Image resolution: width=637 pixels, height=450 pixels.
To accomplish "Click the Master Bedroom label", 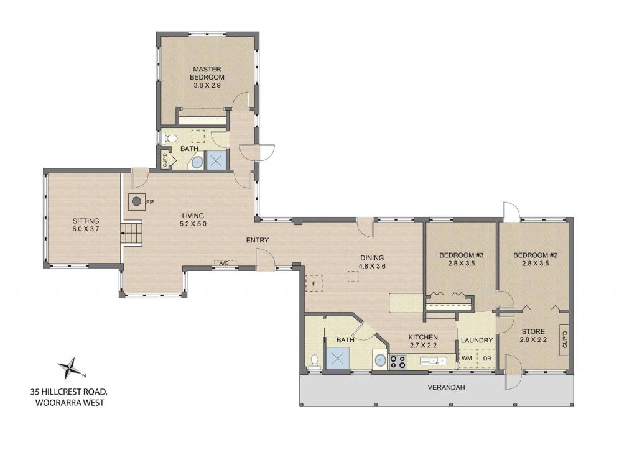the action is coord(207,77).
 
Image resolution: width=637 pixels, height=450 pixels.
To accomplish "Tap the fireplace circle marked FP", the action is coord(137,201).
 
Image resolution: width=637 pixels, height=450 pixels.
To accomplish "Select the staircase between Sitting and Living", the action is coord(133,233).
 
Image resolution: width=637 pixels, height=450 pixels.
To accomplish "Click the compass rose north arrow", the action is coord(72,368).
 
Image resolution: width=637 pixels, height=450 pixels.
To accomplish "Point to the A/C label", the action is coord(224,263).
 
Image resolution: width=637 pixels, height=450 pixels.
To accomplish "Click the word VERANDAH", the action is coord(446,387).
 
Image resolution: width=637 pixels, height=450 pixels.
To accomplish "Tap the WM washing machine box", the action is coord(467,358).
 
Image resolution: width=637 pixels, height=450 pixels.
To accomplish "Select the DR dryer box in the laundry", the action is coord(486,358).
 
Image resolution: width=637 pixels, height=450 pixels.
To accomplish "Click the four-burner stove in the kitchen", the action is coord(398,362).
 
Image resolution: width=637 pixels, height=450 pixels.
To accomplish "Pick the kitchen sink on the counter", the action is coord(433,360).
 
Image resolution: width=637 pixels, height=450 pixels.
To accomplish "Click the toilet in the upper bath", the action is coord(169,139).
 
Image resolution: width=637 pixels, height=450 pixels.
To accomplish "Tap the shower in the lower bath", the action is coord(338,359).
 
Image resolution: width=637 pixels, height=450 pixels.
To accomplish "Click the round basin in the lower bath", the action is coord(381,360).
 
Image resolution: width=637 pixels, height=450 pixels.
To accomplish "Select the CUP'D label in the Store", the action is coord(564,339).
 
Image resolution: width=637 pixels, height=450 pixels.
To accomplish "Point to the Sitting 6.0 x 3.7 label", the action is coord(86,225).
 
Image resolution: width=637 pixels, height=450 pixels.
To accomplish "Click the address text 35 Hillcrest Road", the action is coord(68,392).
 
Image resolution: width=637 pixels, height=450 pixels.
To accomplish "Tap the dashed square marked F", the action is coord(314,283).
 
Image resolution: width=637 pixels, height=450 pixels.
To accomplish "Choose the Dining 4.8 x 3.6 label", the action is coord(372,262).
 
